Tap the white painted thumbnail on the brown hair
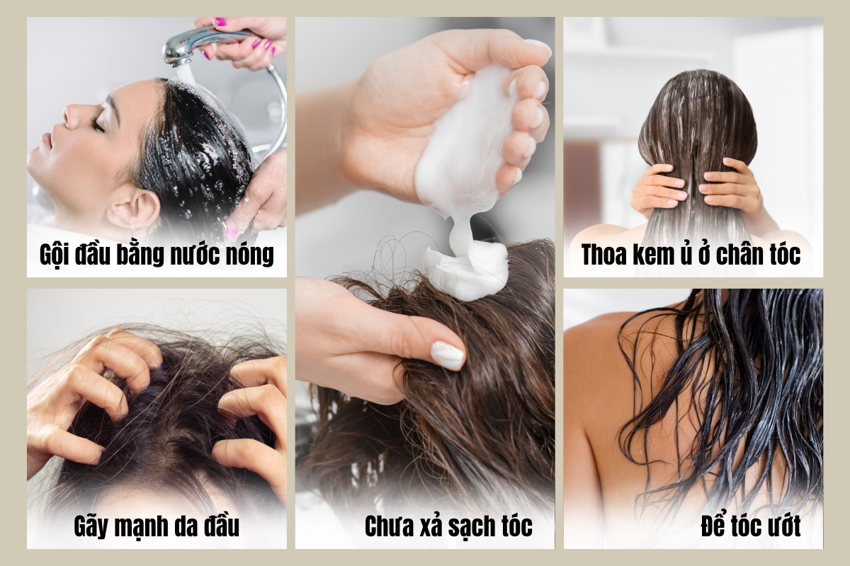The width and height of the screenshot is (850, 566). [448, 355]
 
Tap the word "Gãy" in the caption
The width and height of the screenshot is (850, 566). [91, 527]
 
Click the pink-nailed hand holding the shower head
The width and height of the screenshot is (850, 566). [243, 40]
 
